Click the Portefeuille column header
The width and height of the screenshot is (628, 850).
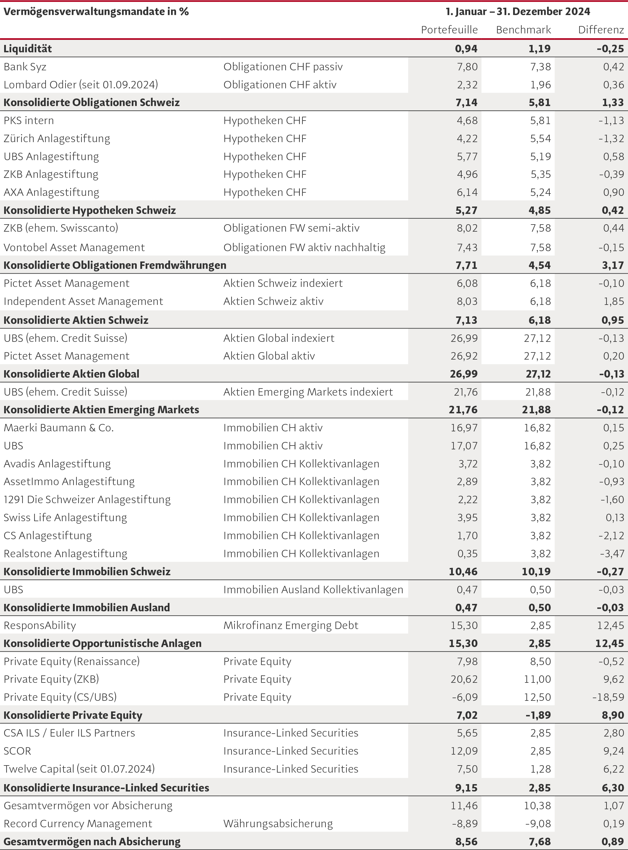[449, 30]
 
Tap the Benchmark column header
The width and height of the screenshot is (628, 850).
[523, 30]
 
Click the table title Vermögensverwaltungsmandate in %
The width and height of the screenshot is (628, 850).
[96, 12]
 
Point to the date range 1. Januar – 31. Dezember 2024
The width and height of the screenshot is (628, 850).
[518, 12]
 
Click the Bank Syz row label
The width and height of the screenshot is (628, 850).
[25, 67]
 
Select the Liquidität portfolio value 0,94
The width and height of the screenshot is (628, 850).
[466, 49]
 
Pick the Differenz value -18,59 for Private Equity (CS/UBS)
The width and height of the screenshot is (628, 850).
[608, 697]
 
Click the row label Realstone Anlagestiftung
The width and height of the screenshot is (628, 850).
[65, 553]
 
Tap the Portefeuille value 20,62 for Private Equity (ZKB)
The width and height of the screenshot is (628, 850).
[464, 679]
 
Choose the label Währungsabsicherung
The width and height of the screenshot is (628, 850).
[278, 823]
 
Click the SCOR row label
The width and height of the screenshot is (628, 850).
[17, 751]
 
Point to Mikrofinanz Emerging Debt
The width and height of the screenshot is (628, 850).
[291, 625]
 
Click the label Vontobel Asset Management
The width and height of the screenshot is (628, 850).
[74, 248]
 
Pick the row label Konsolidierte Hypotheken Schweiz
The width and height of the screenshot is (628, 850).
[90, 210]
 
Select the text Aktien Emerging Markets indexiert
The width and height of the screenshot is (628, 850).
[308, 392]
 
